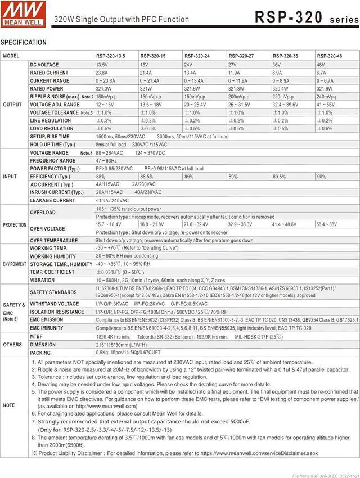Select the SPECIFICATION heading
pyautogui.click(x=24, y=43)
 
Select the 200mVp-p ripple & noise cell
pyautogui.click(x=239, y=97)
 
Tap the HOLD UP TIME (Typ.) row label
pyautogui.click(x=52, y=145)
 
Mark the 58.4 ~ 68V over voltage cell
pyautogui.click(x=326, y=224)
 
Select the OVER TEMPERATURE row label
pyautogui.click(x=54, y=240)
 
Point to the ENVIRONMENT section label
pyautogui.click(x=15, y=264)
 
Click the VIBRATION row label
pyautogui.click(x=43, y=280)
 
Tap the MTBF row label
pyautogui.click(x=37, y=336)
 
